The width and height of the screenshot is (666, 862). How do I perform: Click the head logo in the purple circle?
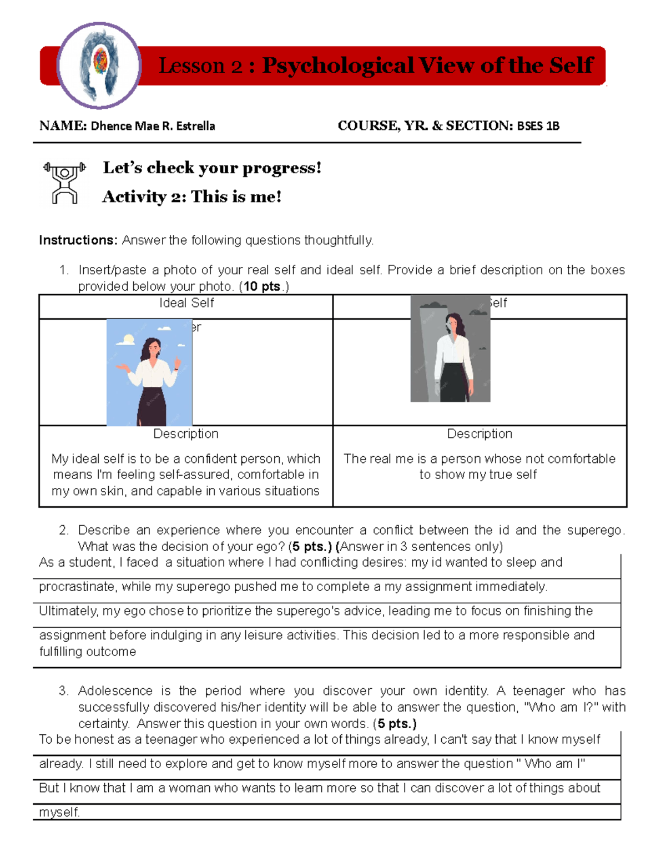coord(99,65)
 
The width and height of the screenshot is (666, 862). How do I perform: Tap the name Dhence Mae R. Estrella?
coord(153,126)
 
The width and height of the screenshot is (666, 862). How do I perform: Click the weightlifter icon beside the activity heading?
coord(64,183)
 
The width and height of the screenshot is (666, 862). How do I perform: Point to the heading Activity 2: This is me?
coord(191,196)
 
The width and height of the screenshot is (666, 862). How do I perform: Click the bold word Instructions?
coord(78,240)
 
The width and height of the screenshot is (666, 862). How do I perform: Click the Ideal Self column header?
coord(186,303)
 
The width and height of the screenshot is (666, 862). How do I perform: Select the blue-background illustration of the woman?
coord(149,372)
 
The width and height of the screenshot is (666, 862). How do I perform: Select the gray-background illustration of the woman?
coord(450,349)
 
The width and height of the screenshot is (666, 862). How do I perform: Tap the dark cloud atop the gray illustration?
coord(433,305)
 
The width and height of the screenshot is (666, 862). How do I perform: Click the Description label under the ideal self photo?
coord(186,433)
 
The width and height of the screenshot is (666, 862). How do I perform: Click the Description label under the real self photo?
coord(480,433)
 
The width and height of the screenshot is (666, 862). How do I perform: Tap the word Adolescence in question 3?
coord(115,691)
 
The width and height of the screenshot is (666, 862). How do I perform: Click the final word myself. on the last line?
coord(59,812)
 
